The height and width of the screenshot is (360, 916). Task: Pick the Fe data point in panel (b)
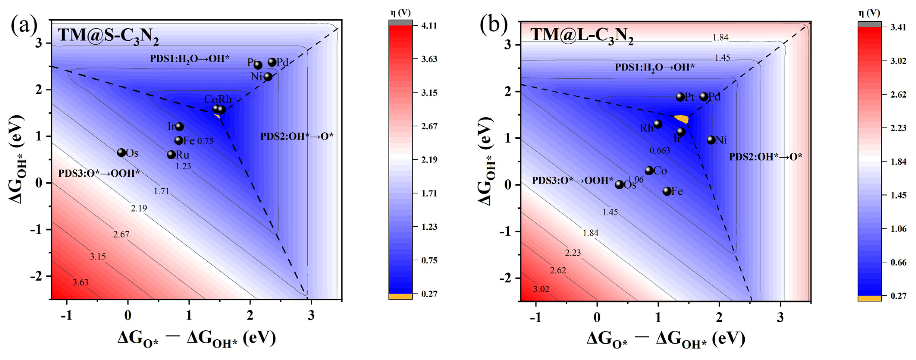(x=667, y=191)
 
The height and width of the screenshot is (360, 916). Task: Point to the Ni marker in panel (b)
(x=711, y=140)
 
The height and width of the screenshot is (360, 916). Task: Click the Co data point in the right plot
(x=649, y=170)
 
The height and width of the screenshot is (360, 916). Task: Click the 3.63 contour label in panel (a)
(x=81, y=282)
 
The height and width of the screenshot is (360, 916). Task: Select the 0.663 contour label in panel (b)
(x=660, y=151)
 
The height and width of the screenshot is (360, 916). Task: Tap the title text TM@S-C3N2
(x=108, y=36)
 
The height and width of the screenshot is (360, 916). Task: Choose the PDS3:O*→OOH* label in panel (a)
(x=99, y=173)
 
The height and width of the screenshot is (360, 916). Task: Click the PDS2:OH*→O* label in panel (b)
(x=766, y=157)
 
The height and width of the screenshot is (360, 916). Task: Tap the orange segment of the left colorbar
(x=400, y=296)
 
